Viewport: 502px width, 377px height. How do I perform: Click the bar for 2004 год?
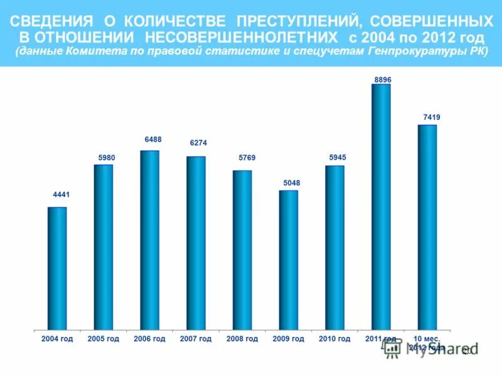[x=57, y=268]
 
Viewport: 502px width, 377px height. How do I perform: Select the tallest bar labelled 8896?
[x=381, y=207]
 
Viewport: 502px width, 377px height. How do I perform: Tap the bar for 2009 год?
[x=289, y=260]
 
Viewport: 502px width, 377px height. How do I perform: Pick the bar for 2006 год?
[x=149, y=240]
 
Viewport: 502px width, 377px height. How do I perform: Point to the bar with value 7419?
[x=427, y=227]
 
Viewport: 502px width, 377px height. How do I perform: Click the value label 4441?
[x=61, y=195]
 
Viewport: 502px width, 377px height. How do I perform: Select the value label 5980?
[x=106, y=157]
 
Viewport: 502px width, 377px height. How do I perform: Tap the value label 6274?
[x=198, y=143]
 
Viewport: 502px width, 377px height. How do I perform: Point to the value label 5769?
[x=247, y=157]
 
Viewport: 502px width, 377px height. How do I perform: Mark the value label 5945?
[x=338, y=156]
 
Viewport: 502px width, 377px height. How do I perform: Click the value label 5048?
[x=292, y=183]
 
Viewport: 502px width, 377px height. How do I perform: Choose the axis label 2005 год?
[x=104, y=339]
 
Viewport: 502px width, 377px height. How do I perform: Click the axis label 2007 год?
[x=196, y=339]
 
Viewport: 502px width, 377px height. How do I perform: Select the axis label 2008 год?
[x=242, y=339]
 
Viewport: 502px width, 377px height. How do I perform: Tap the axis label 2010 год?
[x=334, y=339]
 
